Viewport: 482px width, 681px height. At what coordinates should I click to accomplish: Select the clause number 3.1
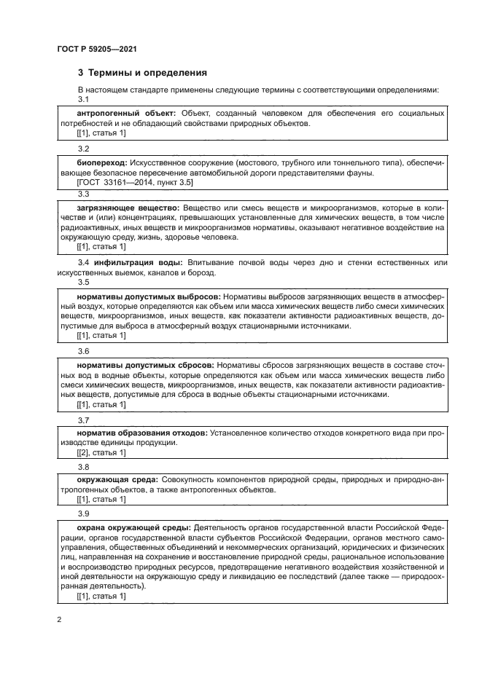[x=83, y=100]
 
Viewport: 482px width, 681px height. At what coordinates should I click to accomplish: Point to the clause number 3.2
[x=83, y=148]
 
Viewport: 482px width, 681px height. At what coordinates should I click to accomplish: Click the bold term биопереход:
[x=102, y=162]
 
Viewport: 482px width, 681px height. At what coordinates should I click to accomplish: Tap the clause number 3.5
[x=83, y=282]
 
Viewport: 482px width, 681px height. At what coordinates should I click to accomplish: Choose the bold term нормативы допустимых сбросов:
[x=146, y=363]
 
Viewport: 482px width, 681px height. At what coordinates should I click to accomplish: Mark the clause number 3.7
[x=83, y=420]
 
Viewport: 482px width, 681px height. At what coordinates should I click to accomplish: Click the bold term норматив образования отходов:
[x=142, y=433]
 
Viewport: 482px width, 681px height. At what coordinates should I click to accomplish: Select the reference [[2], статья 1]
[x=101, y=452]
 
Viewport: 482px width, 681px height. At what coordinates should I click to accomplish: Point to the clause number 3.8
[x=83, y=466]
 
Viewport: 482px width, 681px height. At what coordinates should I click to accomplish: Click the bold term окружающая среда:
[x=116, y=480]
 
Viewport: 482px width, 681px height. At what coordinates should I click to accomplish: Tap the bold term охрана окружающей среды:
[x=134, y=527]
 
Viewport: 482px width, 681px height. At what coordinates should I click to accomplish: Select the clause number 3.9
[x=83, y=513]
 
